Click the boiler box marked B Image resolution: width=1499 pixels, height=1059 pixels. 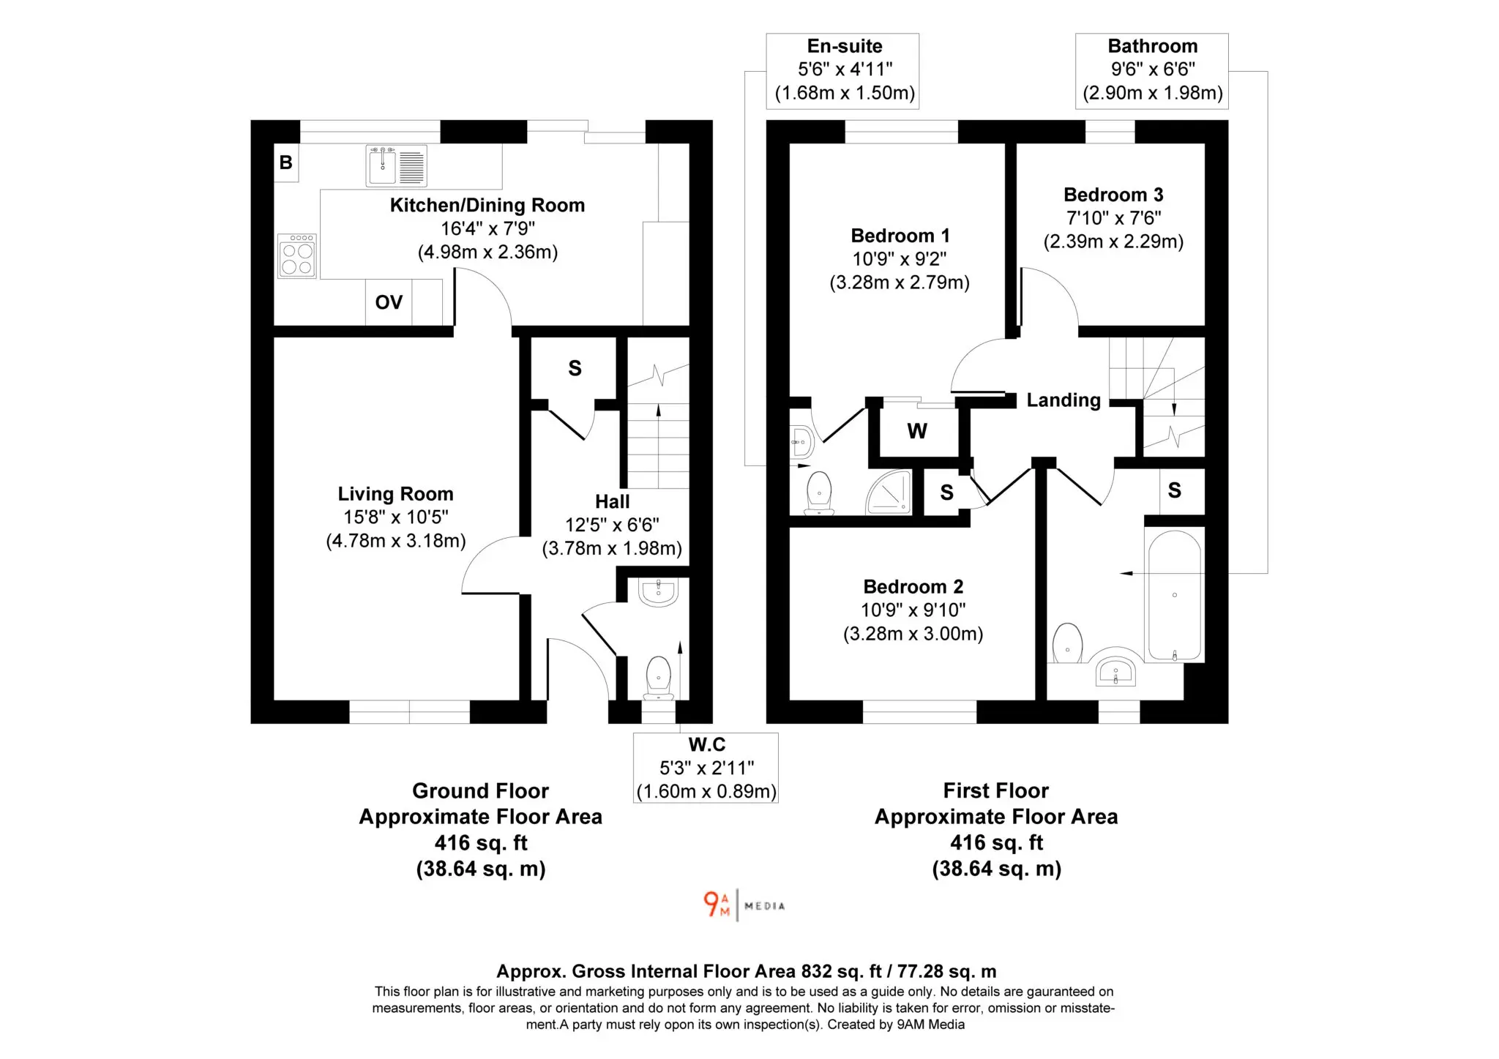[285, 162]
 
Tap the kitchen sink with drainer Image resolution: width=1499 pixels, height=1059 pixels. [397, 165]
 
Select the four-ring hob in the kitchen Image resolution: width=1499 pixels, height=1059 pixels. [297, 256]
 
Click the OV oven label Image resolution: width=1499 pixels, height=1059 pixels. [389, 302]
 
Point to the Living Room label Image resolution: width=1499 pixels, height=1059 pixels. [395, 494]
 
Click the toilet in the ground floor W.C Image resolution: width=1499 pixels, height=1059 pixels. [659, 677]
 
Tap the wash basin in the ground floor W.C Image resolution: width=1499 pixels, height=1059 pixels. [659, 592]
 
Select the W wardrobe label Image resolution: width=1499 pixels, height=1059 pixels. [917, 431]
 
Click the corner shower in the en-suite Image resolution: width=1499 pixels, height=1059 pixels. [889, 492]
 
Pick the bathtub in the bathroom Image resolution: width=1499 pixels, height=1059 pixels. [1174, 596]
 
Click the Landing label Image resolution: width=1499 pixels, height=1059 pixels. [1063, 400]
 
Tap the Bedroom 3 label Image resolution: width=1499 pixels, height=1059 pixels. [1113, 195]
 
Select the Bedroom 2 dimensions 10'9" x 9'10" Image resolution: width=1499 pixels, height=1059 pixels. [913, 610]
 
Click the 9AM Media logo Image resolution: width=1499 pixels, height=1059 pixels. [744, 905]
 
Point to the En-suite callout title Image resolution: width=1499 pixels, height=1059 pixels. [845, 46]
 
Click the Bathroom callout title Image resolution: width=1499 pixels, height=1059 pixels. [1153, 46]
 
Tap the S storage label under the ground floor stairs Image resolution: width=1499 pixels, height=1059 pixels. [575, 368]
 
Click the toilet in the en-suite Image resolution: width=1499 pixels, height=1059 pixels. [819, 493]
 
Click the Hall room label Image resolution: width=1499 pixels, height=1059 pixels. [612, 501]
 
